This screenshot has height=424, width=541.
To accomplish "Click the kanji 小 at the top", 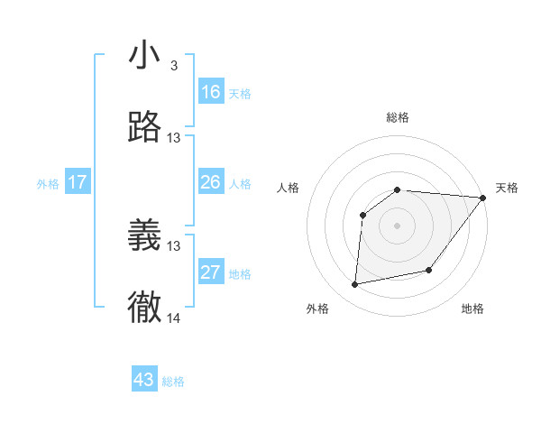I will coord(144,56).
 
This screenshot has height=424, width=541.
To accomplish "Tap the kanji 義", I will coord(144,235).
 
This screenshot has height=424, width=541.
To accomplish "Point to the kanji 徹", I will coord(144,308).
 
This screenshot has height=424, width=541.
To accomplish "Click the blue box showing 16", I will coord(211,92).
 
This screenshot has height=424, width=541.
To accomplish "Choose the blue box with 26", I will coord(211,182).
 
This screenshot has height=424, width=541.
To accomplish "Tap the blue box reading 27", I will coord(211,272).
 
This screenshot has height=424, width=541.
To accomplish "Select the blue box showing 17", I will coord(78,182).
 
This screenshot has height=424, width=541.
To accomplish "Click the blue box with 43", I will coord(144,380).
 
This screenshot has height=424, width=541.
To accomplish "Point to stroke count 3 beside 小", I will coord(173,66).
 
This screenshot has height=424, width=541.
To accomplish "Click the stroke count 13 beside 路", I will coord(174,138).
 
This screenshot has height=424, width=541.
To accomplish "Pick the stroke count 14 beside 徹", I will coord(174,318).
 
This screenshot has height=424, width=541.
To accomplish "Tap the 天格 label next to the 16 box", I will coord(240,94).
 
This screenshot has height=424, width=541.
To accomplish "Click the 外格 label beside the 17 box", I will coord(48,184).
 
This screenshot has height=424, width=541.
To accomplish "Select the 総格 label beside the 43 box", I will coord(174,382).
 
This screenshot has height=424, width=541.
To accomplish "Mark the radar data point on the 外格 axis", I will coord(355,285).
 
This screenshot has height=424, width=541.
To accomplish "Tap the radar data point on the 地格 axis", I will coord(429,270).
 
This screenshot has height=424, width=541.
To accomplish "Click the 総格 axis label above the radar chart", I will coord(398,117).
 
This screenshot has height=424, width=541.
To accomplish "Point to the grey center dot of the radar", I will coord(398,225).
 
